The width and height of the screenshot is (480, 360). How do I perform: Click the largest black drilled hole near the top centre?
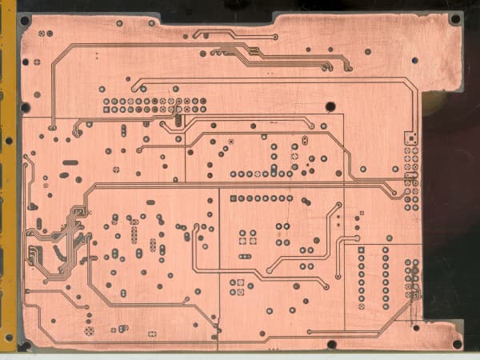tap(330, 106)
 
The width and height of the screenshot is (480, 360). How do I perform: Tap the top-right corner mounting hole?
tap(454, 18)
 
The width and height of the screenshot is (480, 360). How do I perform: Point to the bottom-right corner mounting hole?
tap(456, 344)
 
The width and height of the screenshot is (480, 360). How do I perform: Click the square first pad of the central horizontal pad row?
tap(233, 198)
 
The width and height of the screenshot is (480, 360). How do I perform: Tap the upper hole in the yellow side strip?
tap(10, 140)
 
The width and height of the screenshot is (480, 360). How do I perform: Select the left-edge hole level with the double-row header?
tap(25, 106)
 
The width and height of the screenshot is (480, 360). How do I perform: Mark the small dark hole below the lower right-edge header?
tap(415, 326)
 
